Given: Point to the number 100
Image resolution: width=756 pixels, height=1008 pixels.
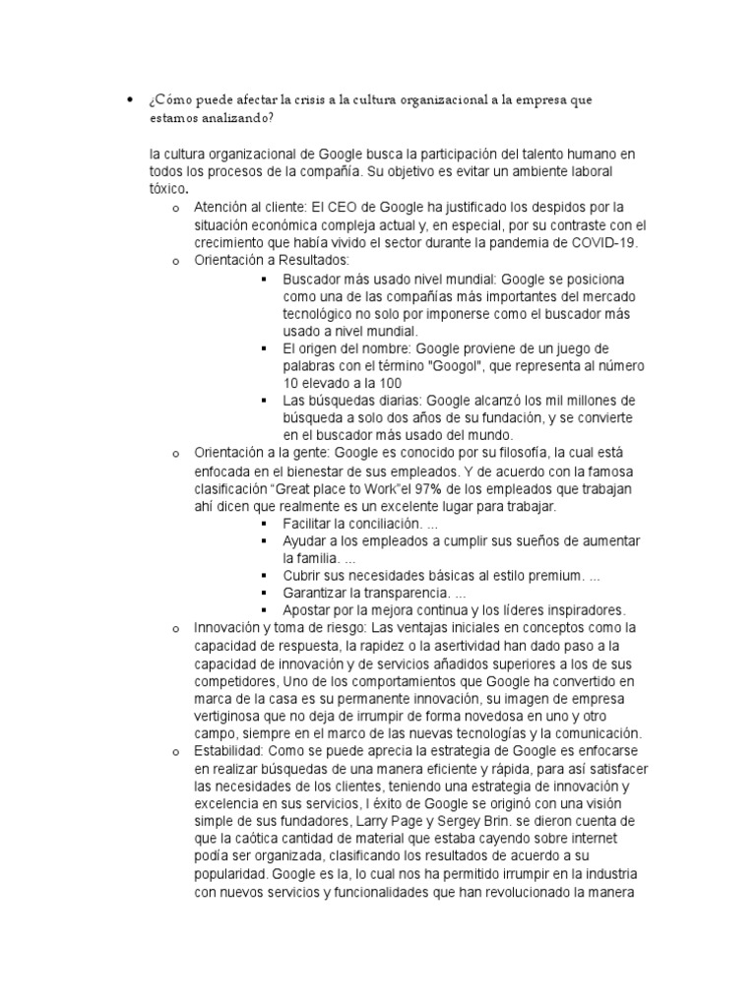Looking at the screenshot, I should pyautogui.click(x=390, y=382).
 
